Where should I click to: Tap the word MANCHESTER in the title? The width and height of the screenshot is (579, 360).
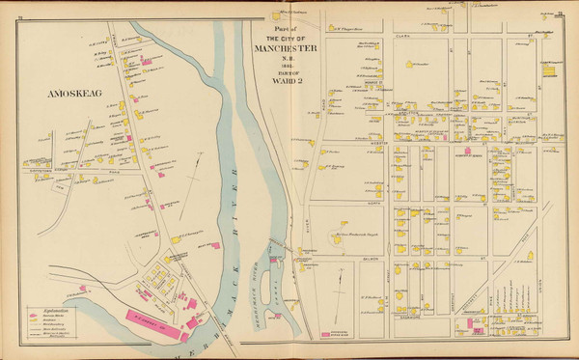click(287, 48)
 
